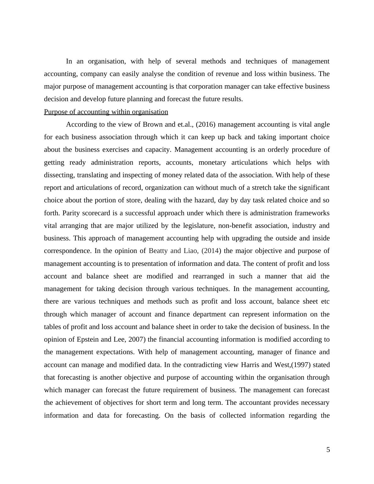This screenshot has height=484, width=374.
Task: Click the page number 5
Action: tap(328, 450)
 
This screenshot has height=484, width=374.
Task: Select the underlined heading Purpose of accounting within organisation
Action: tap(106, 112)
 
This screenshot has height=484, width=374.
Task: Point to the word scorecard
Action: tap(96, 213)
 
